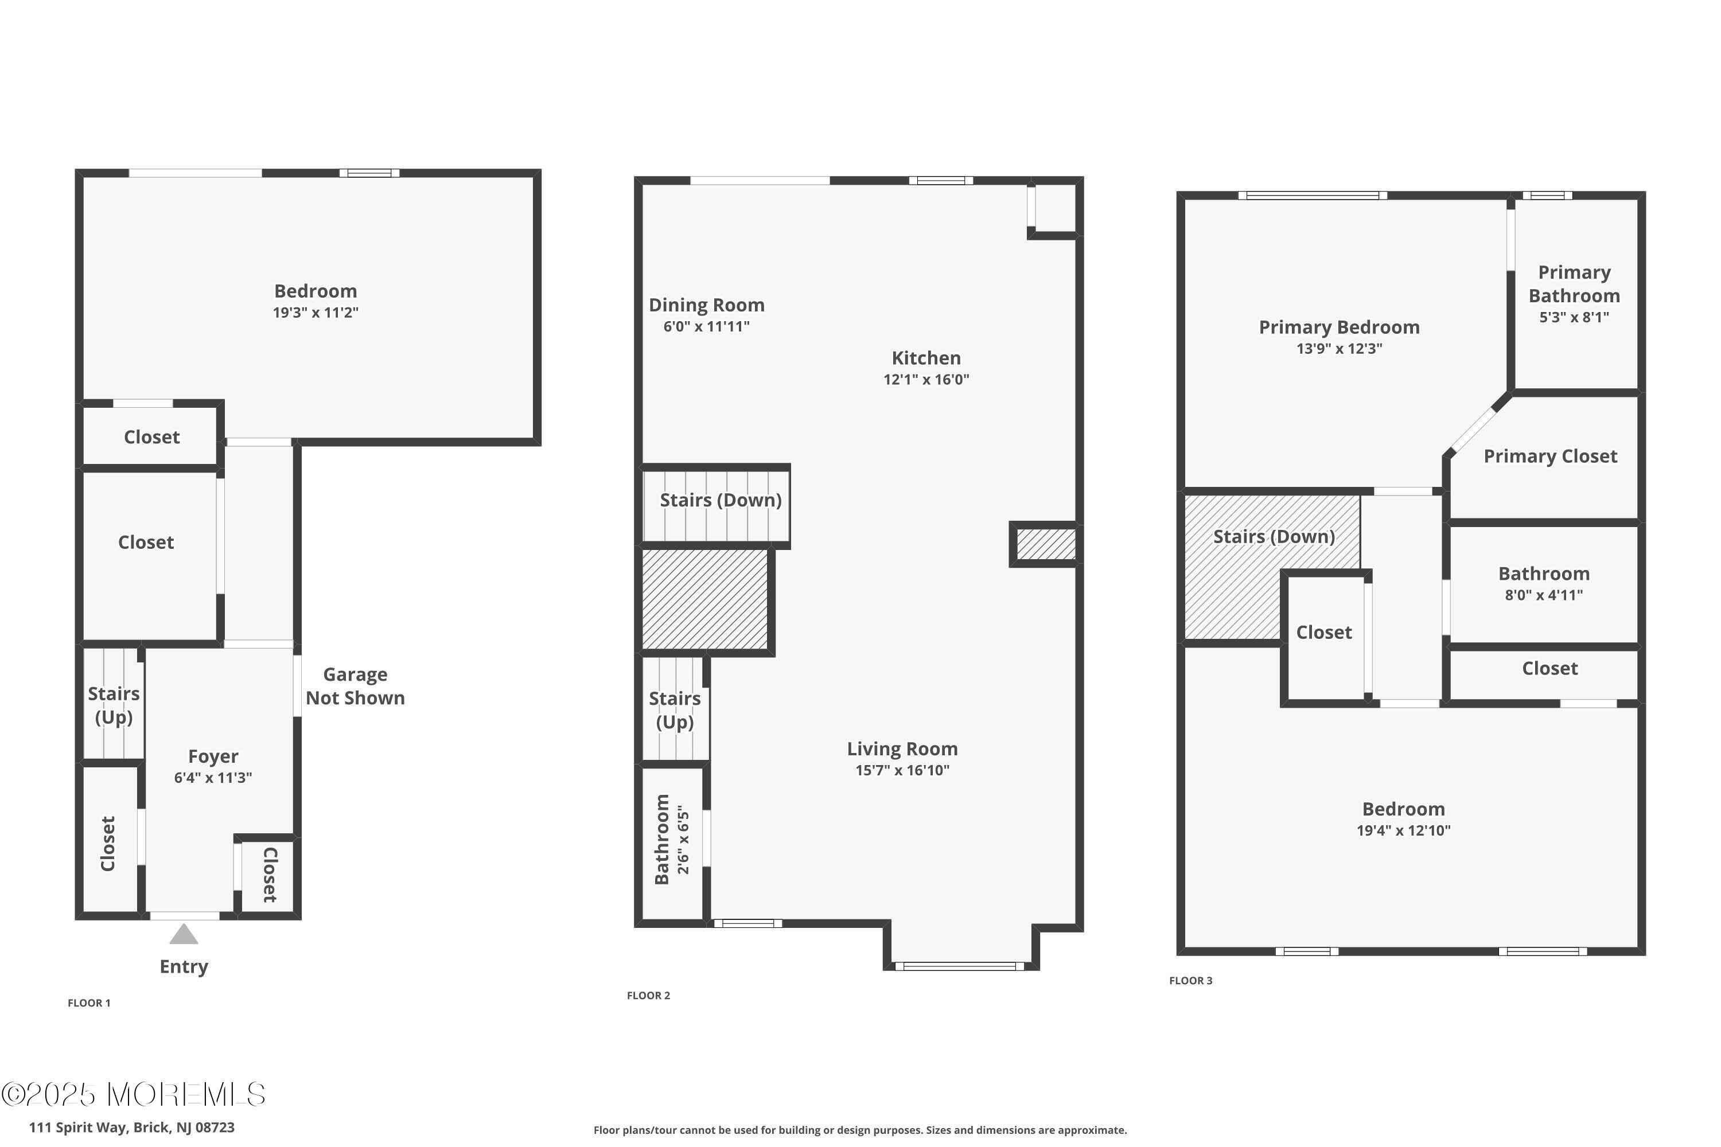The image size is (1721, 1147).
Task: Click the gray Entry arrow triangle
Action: (x=184, y=934)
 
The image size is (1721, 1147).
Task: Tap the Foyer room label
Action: (x=213, y=756)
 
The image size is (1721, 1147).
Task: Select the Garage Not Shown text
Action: (x=355, y=686)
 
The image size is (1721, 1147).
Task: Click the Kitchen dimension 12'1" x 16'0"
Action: (x=926, y=379)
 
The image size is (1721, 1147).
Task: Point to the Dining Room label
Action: (x=706, y=305)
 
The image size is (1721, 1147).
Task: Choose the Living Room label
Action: (x=902, y=748)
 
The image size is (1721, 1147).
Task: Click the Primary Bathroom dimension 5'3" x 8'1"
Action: (x=1574, y=317)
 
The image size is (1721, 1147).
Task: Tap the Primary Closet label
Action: (x=1551, y=457)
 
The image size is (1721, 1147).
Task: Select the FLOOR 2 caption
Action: (x=648, y=995)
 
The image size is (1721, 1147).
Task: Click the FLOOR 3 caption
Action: (x=1190, y=980)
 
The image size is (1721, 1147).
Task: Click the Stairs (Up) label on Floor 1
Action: (x=114, y=705)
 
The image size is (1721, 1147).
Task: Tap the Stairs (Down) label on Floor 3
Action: (x=1274, y=537)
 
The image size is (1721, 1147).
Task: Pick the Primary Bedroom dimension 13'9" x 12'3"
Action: (x=1339, y=348)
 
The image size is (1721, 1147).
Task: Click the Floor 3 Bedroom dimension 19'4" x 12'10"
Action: (x=1403, y=830)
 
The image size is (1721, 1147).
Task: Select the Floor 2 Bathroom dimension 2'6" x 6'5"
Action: (x=683, y=840)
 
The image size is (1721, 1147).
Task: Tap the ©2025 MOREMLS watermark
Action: (x=133, y=1094)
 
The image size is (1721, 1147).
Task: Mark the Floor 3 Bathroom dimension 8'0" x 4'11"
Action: (x=1544, y=595)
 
